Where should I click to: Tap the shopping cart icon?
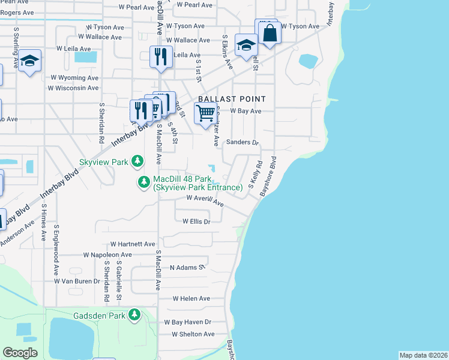point(206,113)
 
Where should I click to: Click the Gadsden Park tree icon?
point(135,314)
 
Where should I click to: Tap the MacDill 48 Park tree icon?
point(143,182)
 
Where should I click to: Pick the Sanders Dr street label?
point(242,143)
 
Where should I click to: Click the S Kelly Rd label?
point(255,172)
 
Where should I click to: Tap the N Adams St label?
point(188,268)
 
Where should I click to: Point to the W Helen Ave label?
point(191,298)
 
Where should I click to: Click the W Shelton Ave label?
point(193,334)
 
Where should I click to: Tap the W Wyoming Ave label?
point(74,78)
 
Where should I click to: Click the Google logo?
point(20,352)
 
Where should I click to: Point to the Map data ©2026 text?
point(423,355)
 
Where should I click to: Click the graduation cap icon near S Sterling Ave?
point(29,61)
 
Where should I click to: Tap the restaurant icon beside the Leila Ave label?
point(161,57)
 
